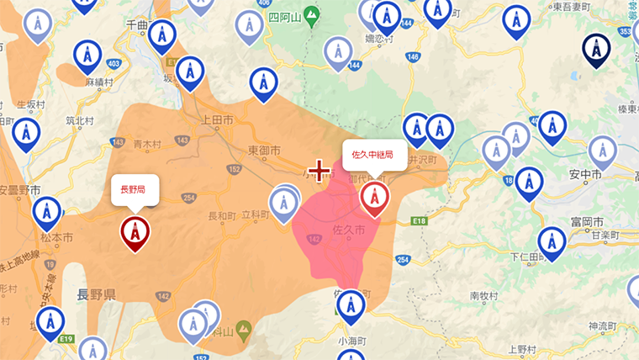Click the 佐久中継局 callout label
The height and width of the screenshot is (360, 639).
tap(373, 155)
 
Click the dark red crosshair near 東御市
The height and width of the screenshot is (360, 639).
tap(319, 172)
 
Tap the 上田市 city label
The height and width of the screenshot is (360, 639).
tap(217, 121)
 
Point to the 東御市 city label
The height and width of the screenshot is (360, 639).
tap(265, 149)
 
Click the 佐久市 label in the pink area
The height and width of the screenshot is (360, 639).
tap(348, 230)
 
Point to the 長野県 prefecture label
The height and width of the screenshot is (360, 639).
tap(96, 294)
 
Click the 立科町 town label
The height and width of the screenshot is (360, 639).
tap(255, 215)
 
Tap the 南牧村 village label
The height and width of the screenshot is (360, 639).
tap(485, 295)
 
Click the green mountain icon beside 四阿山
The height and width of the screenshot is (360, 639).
tap(311, 14)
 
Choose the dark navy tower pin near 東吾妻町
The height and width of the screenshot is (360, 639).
tap(596, 49)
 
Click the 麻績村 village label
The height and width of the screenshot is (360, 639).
tap(99, 82)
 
